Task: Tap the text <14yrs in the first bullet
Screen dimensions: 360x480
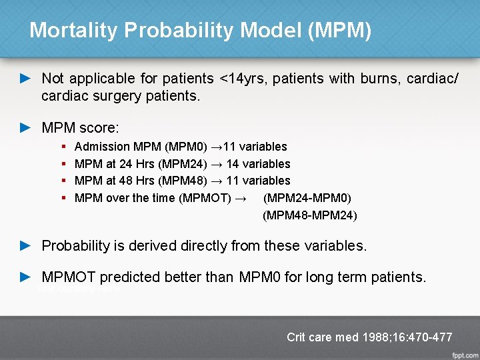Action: (x=244, y=79)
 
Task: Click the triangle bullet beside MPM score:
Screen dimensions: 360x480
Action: (x=25, y=127)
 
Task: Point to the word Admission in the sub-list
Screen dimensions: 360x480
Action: (x=102, y=147)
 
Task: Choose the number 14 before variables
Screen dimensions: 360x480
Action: (x=233, y=163)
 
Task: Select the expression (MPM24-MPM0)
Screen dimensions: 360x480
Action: (x=307, y=197)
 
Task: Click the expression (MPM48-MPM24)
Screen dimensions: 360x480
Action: (x=310, y=215)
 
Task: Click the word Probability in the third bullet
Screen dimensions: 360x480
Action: (x=75, y=245)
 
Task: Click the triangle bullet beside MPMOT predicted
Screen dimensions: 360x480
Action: (x=25, y=276)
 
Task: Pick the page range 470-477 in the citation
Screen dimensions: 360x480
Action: (x=426, y=337)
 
